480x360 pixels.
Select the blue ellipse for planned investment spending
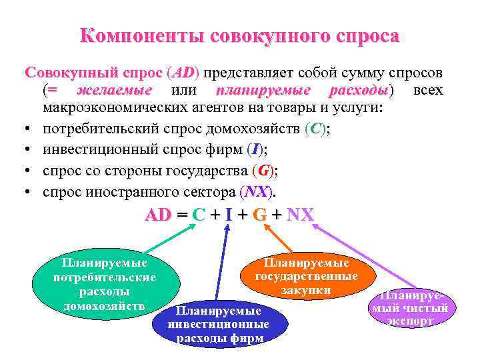click(x=219, y=321)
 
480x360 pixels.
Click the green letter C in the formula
click(x=197, y=215)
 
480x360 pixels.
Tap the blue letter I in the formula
click(x=229, y=215)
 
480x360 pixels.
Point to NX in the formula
click(x=299, y=215)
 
